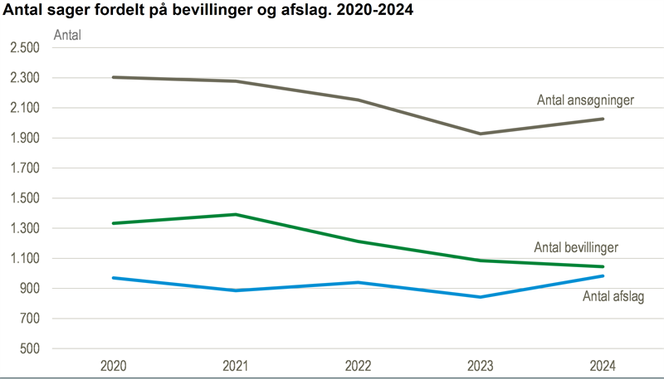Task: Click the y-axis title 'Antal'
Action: tap(66, 35)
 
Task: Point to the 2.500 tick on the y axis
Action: tap(24, 48)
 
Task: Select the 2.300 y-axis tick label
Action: tap(24, 78)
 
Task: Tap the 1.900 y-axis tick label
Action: tap(24, 139)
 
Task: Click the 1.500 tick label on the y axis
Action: tap(24, 198)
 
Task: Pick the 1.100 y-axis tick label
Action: tap(24, 259)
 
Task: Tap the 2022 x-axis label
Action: tap(358, 366)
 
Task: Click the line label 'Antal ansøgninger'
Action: tap(585, 100)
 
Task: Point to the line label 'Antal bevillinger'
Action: tap(576, 246)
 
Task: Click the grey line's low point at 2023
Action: tap(481, 134)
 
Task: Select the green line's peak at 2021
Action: tap(236, 214)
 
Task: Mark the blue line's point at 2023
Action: tap(481, 297)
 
